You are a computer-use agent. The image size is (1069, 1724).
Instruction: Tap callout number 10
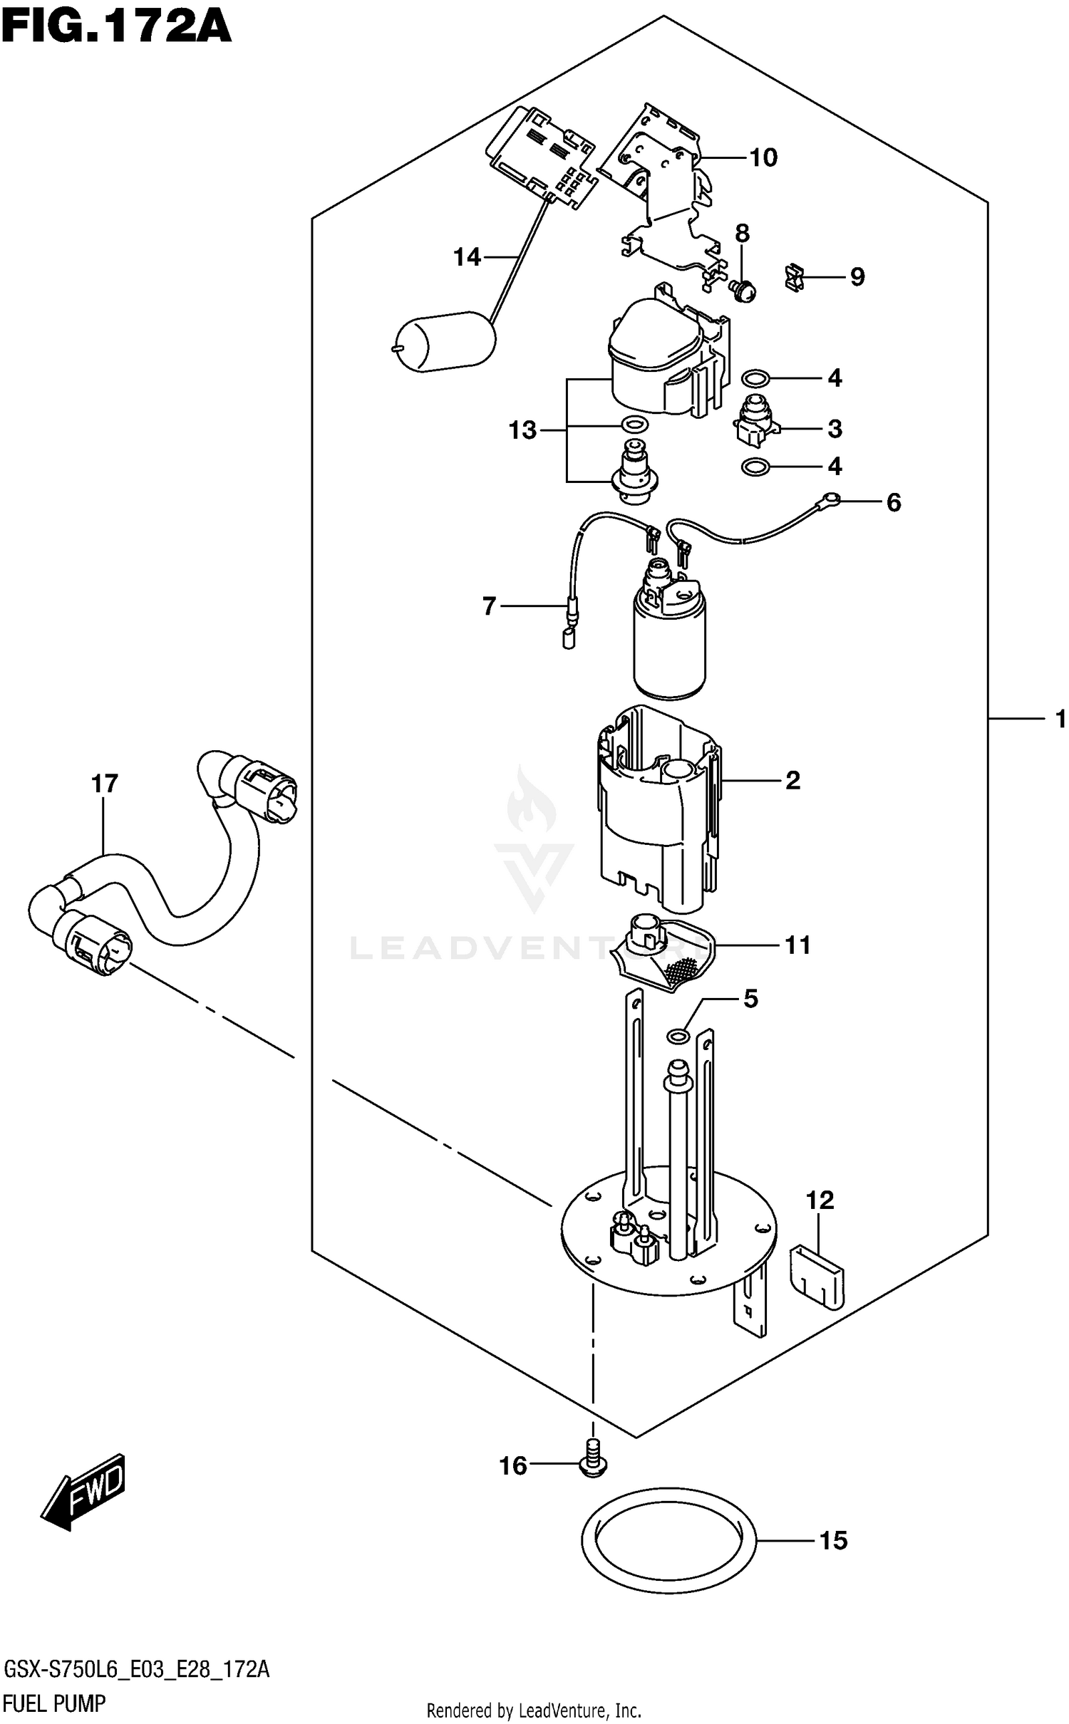(x=763, y=157)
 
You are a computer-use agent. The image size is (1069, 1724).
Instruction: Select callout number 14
(x=468, y=257)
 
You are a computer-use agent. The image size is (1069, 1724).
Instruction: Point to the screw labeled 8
(x=744, y=290)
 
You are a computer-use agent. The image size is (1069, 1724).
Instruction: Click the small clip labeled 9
(x=794, y=277)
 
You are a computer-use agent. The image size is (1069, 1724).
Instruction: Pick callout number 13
(x=522, y=430)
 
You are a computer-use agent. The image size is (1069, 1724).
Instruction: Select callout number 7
(x=489, y=606)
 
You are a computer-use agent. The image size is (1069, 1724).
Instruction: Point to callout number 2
(x=792, y=781)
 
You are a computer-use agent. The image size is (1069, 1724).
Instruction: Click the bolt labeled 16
(x=592, y=1462)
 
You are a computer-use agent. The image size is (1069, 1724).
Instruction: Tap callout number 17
(x=104, y=784)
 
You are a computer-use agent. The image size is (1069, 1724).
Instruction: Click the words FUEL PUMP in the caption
(x=55, y=1704)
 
